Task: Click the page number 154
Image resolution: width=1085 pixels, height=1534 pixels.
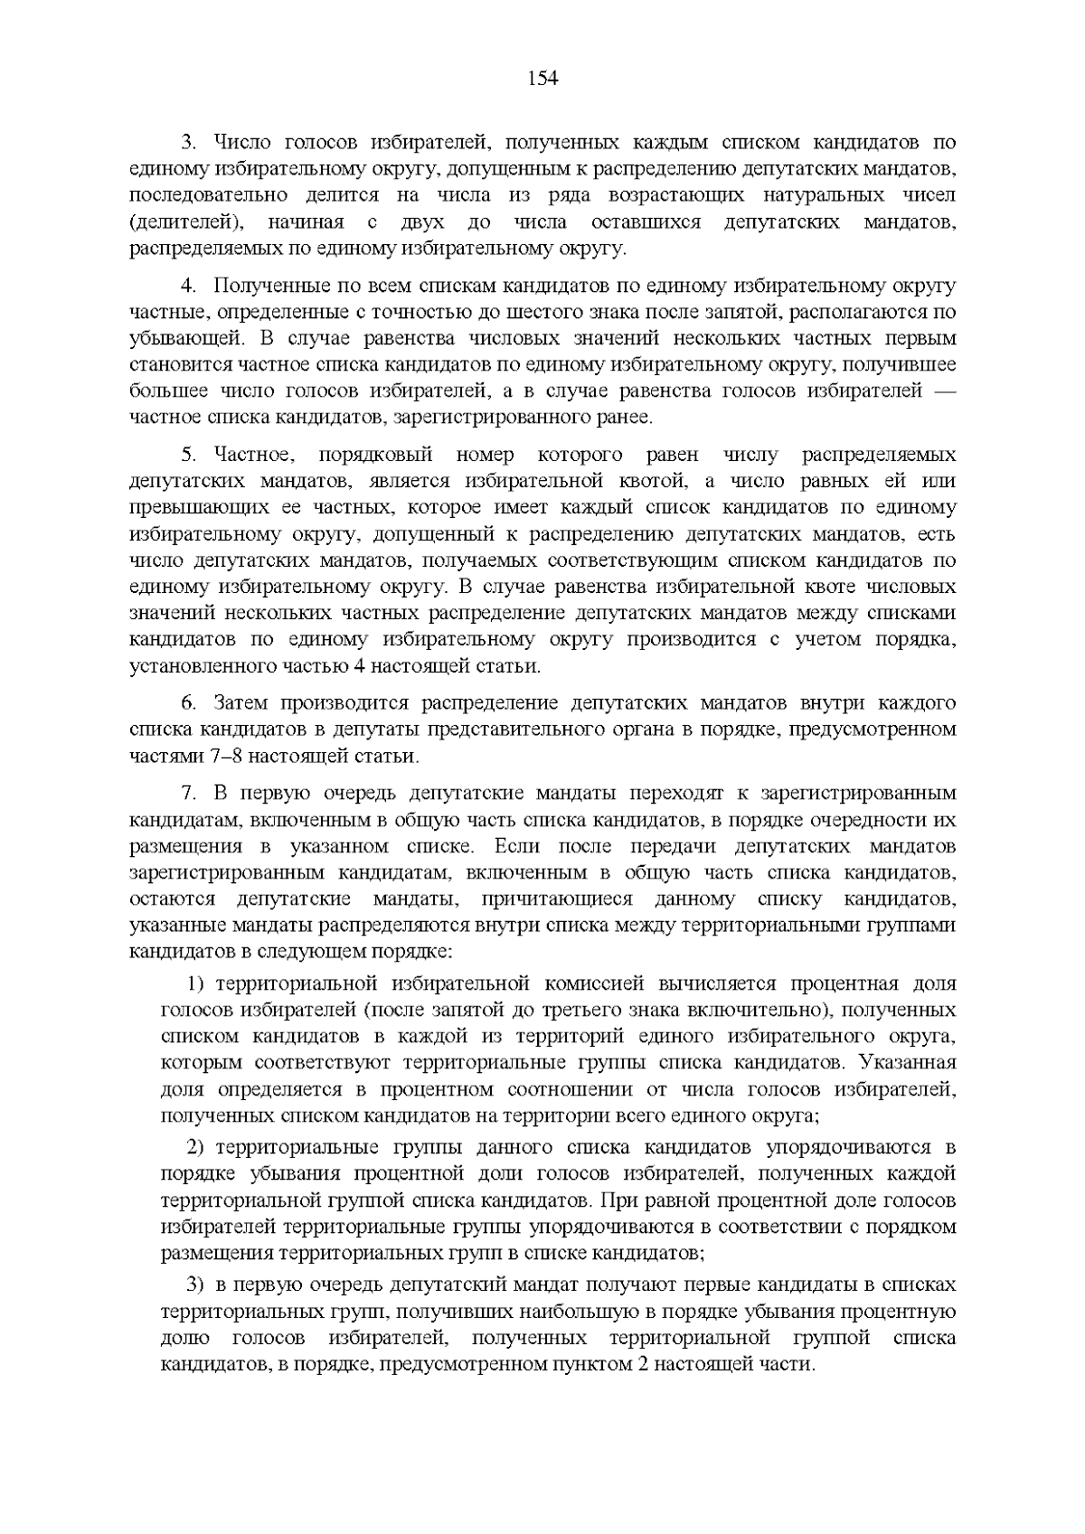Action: tap(542, 79)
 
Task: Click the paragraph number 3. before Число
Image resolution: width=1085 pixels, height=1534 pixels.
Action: tap(188, 142)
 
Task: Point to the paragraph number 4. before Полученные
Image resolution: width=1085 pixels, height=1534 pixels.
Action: tap(188, 287)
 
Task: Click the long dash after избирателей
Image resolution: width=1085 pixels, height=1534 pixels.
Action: tap(940, 391)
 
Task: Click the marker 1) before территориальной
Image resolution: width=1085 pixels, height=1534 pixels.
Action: tap(196, 983)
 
